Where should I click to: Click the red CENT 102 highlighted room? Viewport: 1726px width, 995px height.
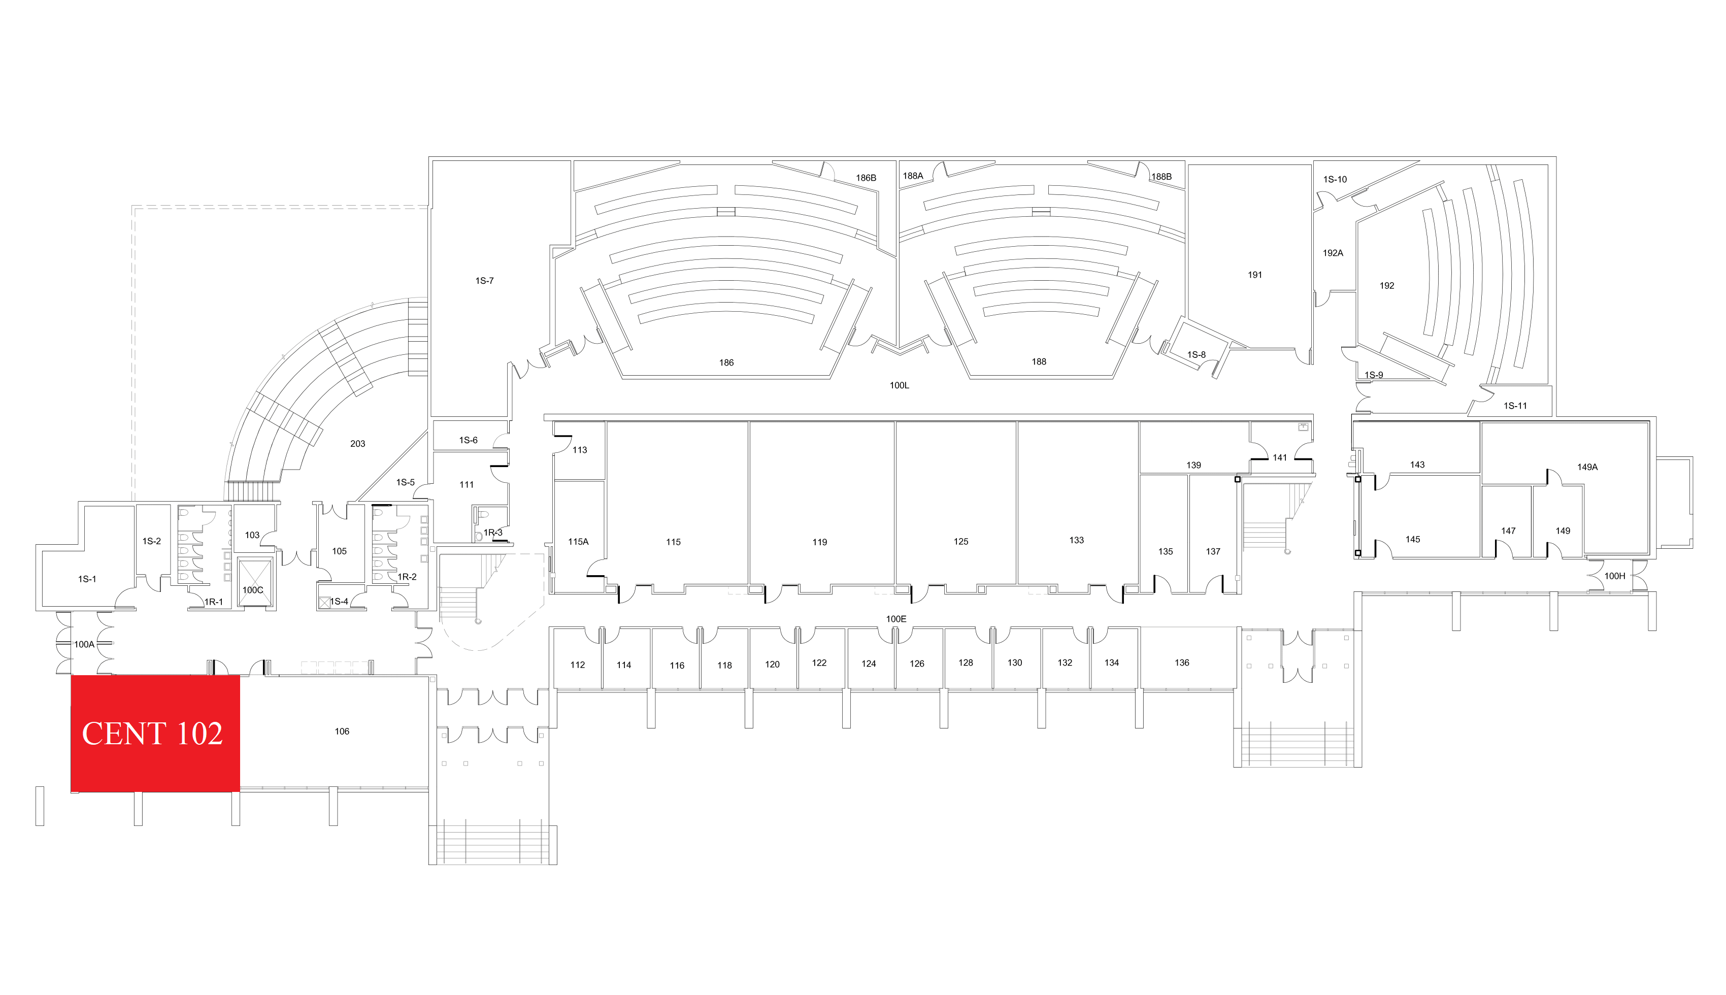coord(155,733)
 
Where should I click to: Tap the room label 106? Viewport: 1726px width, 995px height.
coord(342,731)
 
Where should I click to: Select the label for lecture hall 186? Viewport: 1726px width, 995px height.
coord(726,363)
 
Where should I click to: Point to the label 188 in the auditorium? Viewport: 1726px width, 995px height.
coord(1039,361)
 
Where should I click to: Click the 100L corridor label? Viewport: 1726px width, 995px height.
coord(899,385)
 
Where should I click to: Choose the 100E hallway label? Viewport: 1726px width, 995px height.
coord(896,619)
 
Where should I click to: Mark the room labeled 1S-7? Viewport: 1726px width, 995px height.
coord(484,281)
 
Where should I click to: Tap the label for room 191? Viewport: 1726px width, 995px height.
coord(1254,275)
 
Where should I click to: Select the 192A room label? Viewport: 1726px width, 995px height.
coord(1333,253)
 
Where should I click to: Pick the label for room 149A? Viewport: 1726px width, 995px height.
coord(1587,468)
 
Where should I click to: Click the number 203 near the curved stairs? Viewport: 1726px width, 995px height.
coord(357,444)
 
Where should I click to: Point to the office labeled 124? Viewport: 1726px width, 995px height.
coord(869,664)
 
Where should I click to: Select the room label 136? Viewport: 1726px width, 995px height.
coord(1182,663)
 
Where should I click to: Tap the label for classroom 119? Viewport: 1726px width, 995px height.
coord(819,542)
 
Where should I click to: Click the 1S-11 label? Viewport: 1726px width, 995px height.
coord(1515,406)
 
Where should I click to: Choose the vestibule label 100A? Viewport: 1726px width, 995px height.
coord(84,644)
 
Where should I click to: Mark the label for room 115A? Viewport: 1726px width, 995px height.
coord(578,542)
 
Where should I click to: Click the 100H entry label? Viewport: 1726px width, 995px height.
coord(1615,576)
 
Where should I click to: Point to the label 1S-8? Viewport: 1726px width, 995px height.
coord(1197,355)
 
